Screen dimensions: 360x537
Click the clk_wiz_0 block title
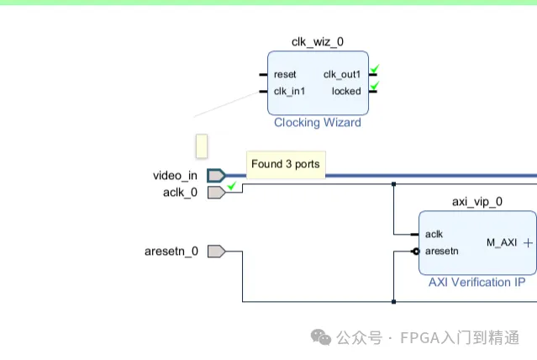[x=317, y=41]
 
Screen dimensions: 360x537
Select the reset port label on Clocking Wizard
[x=285, y=74]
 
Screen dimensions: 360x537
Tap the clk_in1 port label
[x=289, y=91]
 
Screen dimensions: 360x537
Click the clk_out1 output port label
[x=342, y=74]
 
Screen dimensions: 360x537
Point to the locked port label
[x=346, y=91]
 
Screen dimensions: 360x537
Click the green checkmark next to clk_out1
[x=375, y=69]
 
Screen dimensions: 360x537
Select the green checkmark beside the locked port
[x=375, y=86]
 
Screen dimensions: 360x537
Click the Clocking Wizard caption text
[x=317, y=123]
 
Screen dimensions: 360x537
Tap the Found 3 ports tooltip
[x=285, y=164]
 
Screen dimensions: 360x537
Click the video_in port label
[x=175, y=176]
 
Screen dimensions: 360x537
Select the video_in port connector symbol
[x=216, y=176]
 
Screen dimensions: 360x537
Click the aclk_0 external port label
[x=180, y=192]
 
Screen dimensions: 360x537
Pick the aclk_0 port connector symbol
[x=216, y=192]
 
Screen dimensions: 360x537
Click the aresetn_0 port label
[x=171, y=251]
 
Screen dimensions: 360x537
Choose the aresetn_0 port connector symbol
[x=216, y=251]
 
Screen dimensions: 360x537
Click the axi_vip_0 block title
[x=477, y=201]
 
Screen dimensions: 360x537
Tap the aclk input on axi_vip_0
[x=434, y=234]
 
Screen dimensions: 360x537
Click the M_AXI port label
[x=502, y=242]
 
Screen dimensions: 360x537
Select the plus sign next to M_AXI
[x=528, y=242]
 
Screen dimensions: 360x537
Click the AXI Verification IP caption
[x=477, y=282]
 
